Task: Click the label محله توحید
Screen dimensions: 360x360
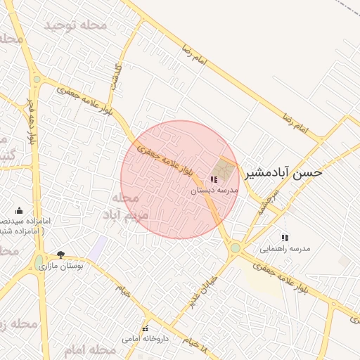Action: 75,25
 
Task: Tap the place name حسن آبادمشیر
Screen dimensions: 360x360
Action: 283,172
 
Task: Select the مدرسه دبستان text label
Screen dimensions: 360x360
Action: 214,190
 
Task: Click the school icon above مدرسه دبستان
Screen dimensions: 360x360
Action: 214,180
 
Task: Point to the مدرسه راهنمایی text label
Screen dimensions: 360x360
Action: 285,248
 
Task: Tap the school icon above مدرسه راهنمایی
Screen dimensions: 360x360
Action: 285,238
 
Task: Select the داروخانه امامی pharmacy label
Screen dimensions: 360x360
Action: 146,338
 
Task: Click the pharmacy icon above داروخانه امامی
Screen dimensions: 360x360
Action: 146,328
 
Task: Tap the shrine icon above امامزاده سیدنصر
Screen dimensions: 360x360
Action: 19,210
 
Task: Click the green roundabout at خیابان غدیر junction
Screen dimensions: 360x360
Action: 235,247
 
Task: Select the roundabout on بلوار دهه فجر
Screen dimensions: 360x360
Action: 36,79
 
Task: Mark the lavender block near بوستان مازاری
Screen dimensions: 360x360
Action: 98,247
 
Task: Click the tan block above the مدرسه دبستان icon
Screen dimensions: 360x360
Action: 225,167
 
